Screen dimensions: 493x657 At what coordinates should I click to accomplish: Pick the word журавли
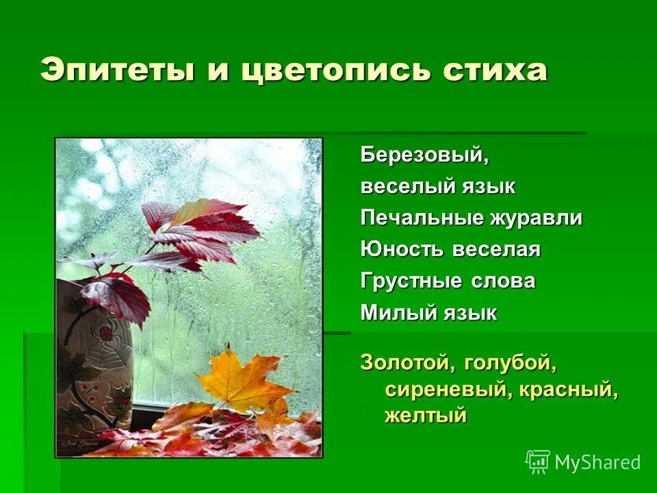coord(536,218)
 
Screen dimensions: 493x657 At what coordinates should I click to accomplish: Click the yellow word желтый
coord(425,415)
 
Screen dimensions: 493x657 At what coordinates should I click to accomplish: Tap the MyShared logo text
coord(597,462)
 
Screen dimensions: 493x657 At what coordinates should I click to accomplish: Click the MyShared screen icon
coord(538,462)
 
